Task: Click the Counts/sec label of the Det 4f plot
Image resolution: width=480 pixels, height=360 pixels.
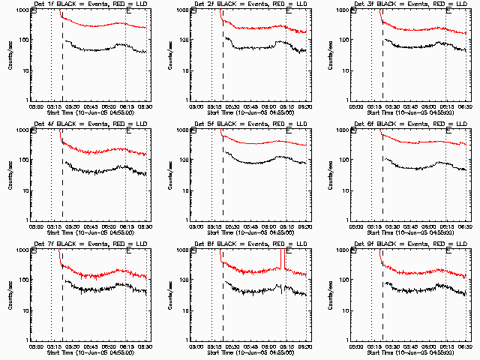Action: tap(10, 174)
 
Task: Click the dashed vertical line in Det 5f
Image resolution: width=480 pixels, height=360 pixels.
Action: tap(223, 172)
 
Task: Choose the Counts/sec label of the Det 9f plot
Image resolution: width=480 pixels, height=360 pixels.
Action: tap(331, 294)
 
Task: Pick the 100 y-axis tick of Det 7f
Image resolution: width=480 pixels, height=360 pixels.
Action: tap(25, 280)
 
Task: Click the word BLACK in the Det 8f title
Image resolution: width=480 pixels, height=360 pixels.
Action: tap(224, 245)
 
